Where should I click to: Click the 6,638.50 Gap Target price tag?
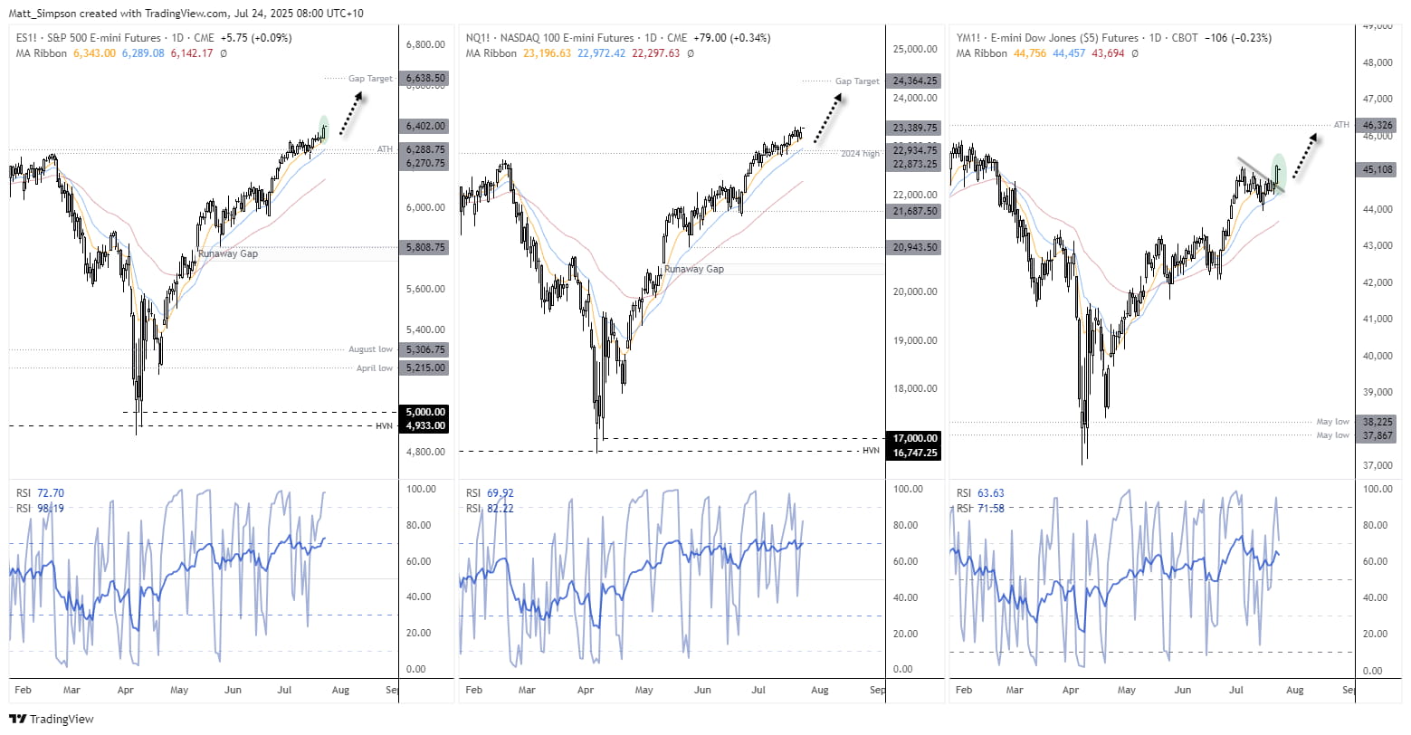[424, 79]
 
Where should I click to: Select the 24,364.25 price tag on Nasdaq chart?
[914, 81]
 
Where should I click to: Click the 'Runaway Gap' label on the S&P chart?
[228, 254]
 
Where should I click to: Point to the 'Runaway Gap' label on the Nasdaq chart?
[693, 269]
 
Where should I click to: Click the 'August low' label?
[370, 349]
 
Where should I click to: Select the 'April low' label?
[374, 368]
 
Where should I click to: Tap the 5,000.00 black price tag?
[424, 412]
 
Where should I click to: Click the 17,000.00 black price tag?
[914, 438]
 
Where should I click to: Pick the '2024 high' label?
[859, 154]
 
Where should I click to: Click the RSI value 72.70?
[51, 493]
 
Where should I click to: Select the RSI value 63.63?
[991, 493]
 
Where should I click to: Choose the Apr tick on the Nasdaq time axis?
[586, 690]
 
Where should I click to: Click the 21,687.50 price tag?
[914, 211]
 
